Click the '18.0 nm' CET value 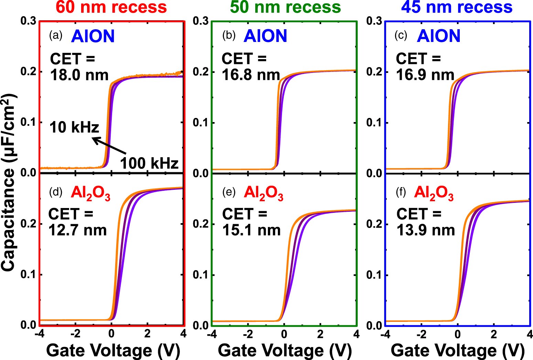pos(79,75)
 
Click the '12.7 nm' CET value pos(78,230)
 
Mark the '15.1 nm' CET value pos(251,230)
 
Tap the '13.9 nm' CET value pos(426,230)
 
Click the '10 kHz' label pos(74,127)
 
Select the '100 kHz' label pos(149,163)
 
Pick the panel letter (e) pos(229,192)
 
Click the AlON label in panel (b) pos(265,36)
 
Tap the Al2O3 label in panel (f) pos(434,193)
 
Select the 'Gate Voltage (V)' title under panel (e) pos(285,350)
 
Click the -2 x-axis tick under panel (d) pos(75,334)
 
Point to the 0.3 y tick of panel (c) pos(374,21)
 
